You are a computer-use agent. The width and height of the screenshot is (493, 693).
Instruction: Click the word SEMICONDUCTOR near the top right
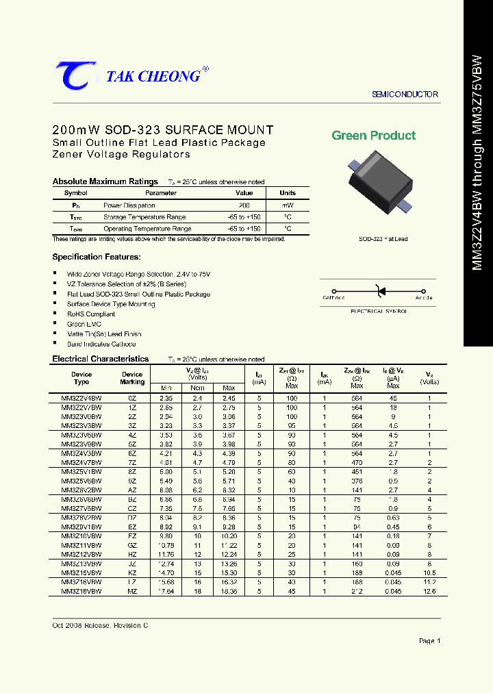pos(405,94)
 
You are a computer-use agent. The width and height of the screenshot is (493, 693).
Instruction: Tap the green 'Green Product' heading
pos(373,136)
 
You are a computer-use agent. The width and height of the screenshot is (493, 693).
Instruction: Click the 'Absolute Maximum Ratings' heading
pos(105,181)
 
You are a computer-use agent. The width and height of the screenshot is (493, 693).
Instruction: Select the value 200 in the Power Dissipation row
pos(244,205)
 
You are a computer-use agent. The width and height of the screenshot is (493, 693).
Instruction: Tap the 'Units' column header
pos(288,193)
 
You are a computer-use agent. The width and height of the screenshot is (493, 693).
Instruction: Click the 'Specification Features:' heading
pos(97,257)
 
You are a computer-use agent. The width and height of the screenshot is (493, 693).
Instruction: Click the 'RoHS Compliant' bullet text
pos(91,314)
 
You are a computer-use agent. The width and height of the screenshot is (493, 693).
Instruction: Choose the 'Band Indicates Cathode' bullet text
pos(101,344)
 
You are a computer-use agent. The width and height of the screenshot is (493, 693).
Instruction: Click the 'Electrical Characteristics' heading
pos(101,359)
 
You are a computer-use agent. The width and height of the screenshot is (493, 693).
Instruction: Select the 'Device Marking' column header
pos(132,378)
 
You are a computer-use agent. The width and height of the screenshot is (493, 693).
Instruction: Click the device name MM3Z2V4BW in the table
pos(81,398)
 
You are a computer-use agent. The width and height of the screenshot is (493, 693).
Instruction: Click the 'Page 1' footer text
pos(429,641)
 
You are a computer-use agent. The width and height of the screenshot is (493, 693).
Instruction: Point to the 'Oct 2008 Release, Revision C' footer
pos(100,626)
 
